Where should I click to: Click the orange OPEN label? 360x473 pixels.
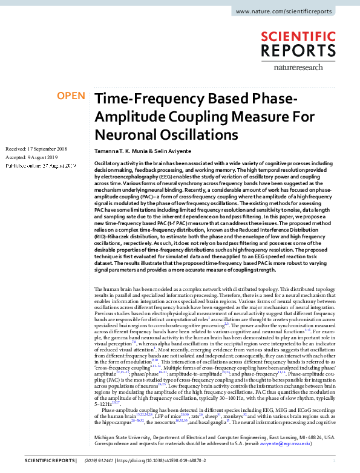point(71,96)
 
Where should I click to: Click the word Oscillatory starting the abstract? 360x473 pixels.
point(107,164)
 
